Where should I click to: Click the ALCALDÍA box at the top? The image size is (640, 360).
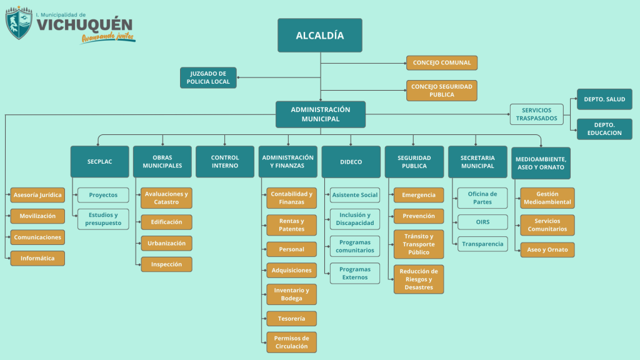[320, 36]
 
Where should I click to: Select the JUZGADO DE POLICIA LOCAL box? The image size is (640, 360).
[209, 77]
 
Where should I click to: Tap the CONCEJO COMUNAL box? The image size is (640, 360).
[442, 62]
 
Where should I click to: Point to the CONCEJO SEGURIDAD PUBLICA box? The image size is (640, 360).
[442, 90]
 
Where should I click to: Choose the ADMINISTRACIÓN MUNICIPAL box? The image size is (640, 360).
[321, 114]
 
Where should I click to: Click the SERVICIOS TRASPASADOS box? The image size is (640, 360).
[536, 114]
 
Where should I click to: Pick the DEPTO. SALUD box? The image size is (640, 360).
[604, 99]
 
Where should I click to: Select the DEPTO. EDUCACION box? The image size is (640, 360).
[604, 129]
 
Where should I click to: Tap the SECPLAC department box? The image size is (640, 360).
[99, 162]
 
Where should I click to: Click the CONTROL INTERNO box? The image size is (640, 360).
[225, 162]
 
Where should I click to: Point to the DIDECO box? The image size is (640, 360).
[351, 162]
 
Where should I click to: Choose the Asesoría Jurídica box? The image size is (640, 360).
[37, 195]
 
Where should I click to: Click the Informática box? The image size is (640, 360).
[37, 258]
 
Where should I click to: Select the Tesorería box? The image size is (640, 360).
[292, 319]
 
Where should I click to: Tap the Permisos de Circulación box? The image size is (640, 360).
[292, 342]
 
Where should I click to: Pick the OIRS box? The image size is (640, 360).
[482, 222]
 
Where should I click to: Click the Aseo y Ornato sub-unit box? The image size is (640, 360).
[547, 250]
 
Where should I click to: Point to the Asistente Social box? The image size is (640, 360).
[355, 195]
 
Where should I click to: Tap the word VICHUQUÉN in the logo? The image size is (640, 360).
[84, 24]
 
